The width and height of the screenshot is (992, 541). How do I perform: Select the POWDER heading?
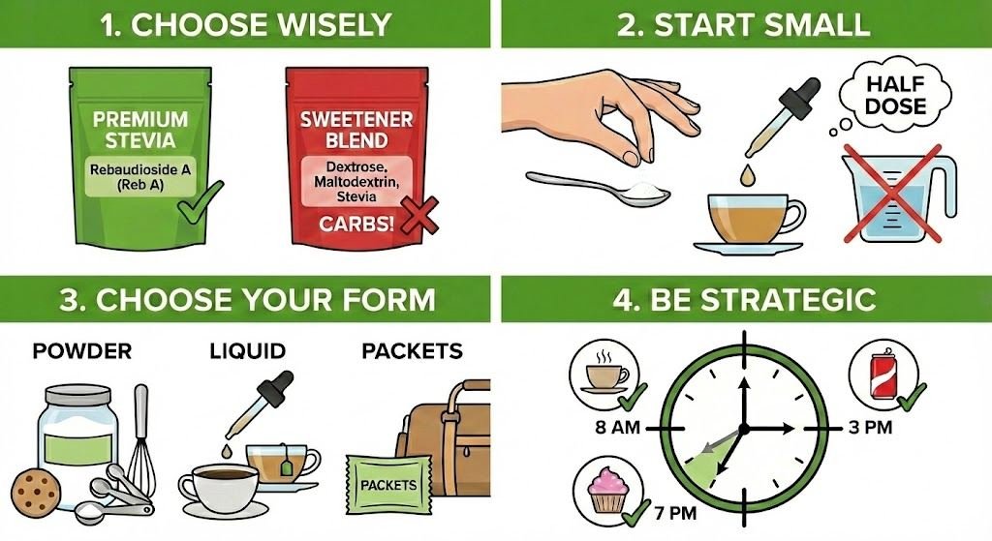(x=81, y=350)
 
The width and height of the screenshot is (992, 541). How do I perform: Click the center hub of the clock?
(x=743, y=428)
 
